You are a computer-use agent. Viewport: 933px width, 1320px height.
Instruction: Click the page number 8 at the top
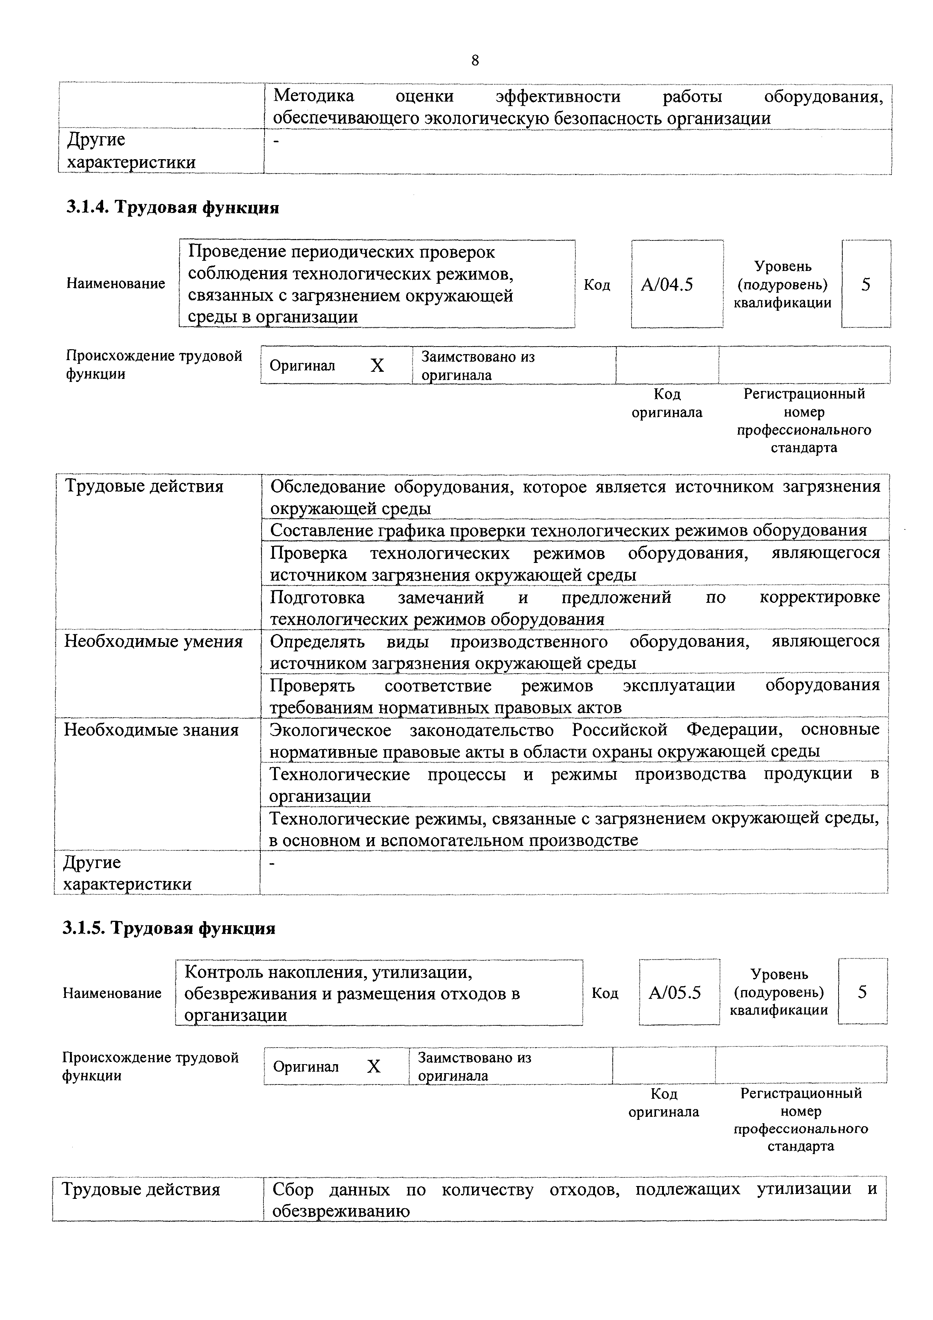tap(475, 60)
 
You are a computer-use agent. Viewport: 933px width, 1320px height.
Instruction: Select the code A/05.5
tap(675, 993)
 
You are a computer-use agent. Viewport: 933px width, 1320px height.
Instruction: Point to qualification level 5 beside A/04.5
tap(866, 284)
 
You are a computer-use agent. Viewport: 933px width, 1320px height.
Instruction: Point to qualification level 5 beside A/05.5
tap(862, 992)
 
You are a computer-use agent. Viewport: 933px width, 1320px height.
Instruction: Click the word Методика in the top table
tap(313, 96)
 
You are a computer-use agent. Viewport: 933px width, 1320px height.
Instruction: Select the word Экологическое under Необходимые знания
tap(330, 730)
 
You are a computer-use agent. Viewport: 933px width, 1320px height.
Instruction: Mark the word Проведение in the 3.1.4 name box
tap(238, 252)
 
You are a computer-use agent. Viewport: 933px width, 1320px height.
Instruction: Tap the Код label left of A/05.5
tap(605, 993)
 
